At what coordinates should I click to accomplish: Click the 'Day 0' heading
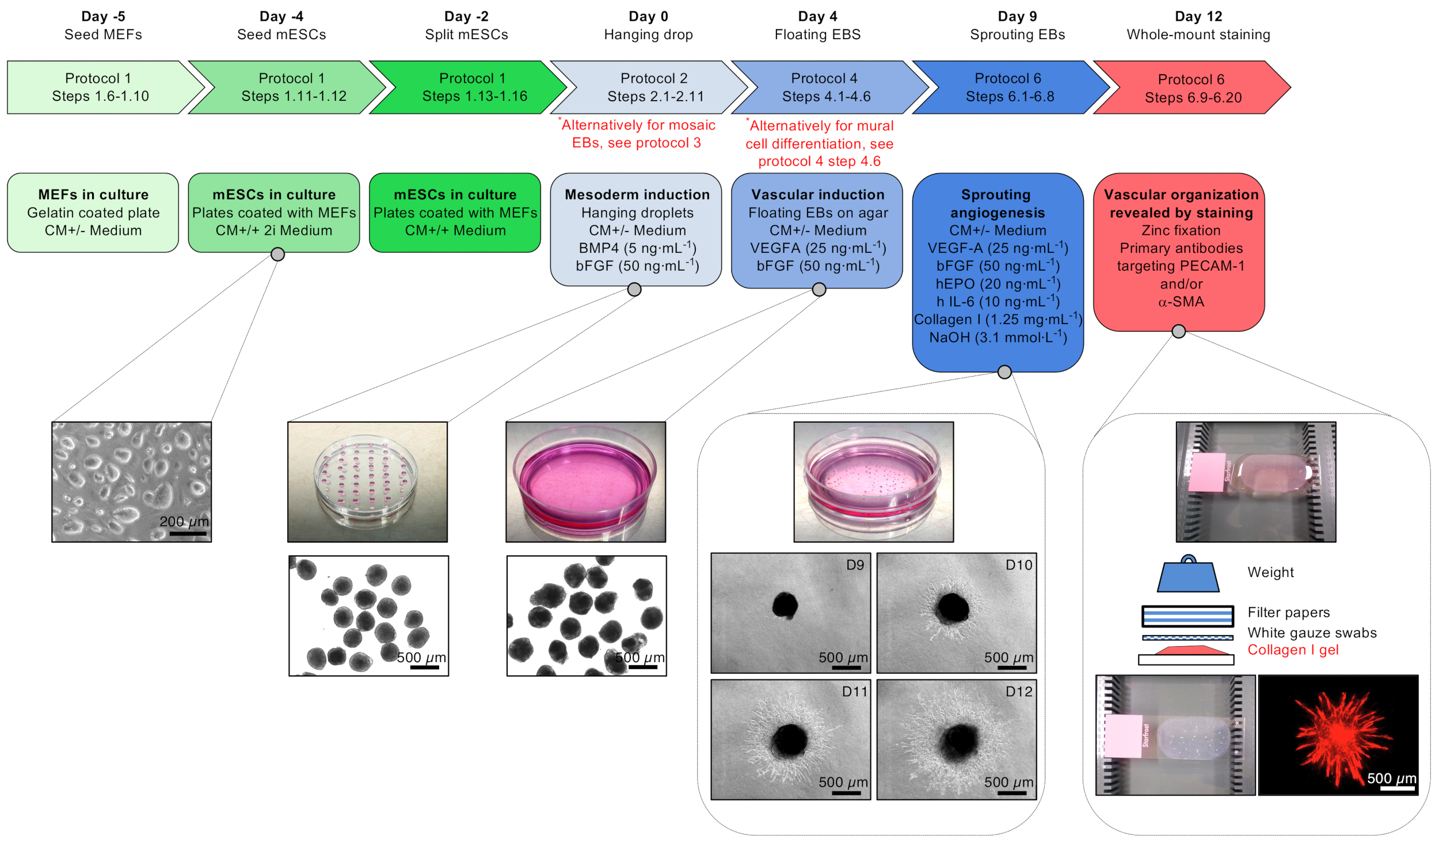(648, 16)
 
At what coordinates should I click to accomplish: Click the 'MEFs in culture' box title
(93, 195)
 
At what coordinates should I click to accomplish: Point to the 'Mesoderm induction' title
(637, 195)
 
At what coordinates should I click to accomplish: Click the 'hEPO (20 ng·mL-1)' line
(998, 284)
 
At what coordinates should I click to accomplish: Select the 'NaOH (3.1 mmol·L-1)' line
(998, 337)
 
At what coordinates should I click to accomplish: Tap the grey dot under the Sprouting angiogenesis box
(1004, 372)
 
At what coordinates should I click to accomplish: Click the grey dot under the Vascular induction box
(819, 289)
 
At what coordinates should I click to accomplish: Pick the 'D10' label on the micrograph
(1018, 565)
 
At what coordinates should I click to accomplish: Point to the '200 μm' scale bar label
(184, 522)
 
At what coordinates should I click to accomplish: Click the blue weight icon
(1188, 575)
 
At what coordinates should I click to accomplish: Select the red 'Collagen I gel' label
(1293, 650)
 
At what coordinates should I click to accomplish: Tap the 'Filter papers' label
(1288, 612)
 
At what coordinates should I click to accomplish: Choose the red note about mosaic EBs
(637, 134)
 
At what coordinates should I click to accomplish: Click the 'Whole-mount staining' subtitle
(1198, 35)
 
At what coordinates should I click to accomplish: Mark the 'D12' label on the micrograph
(1018, 692)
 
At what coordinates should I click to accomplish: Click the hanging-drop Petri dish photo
(367, 481)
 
